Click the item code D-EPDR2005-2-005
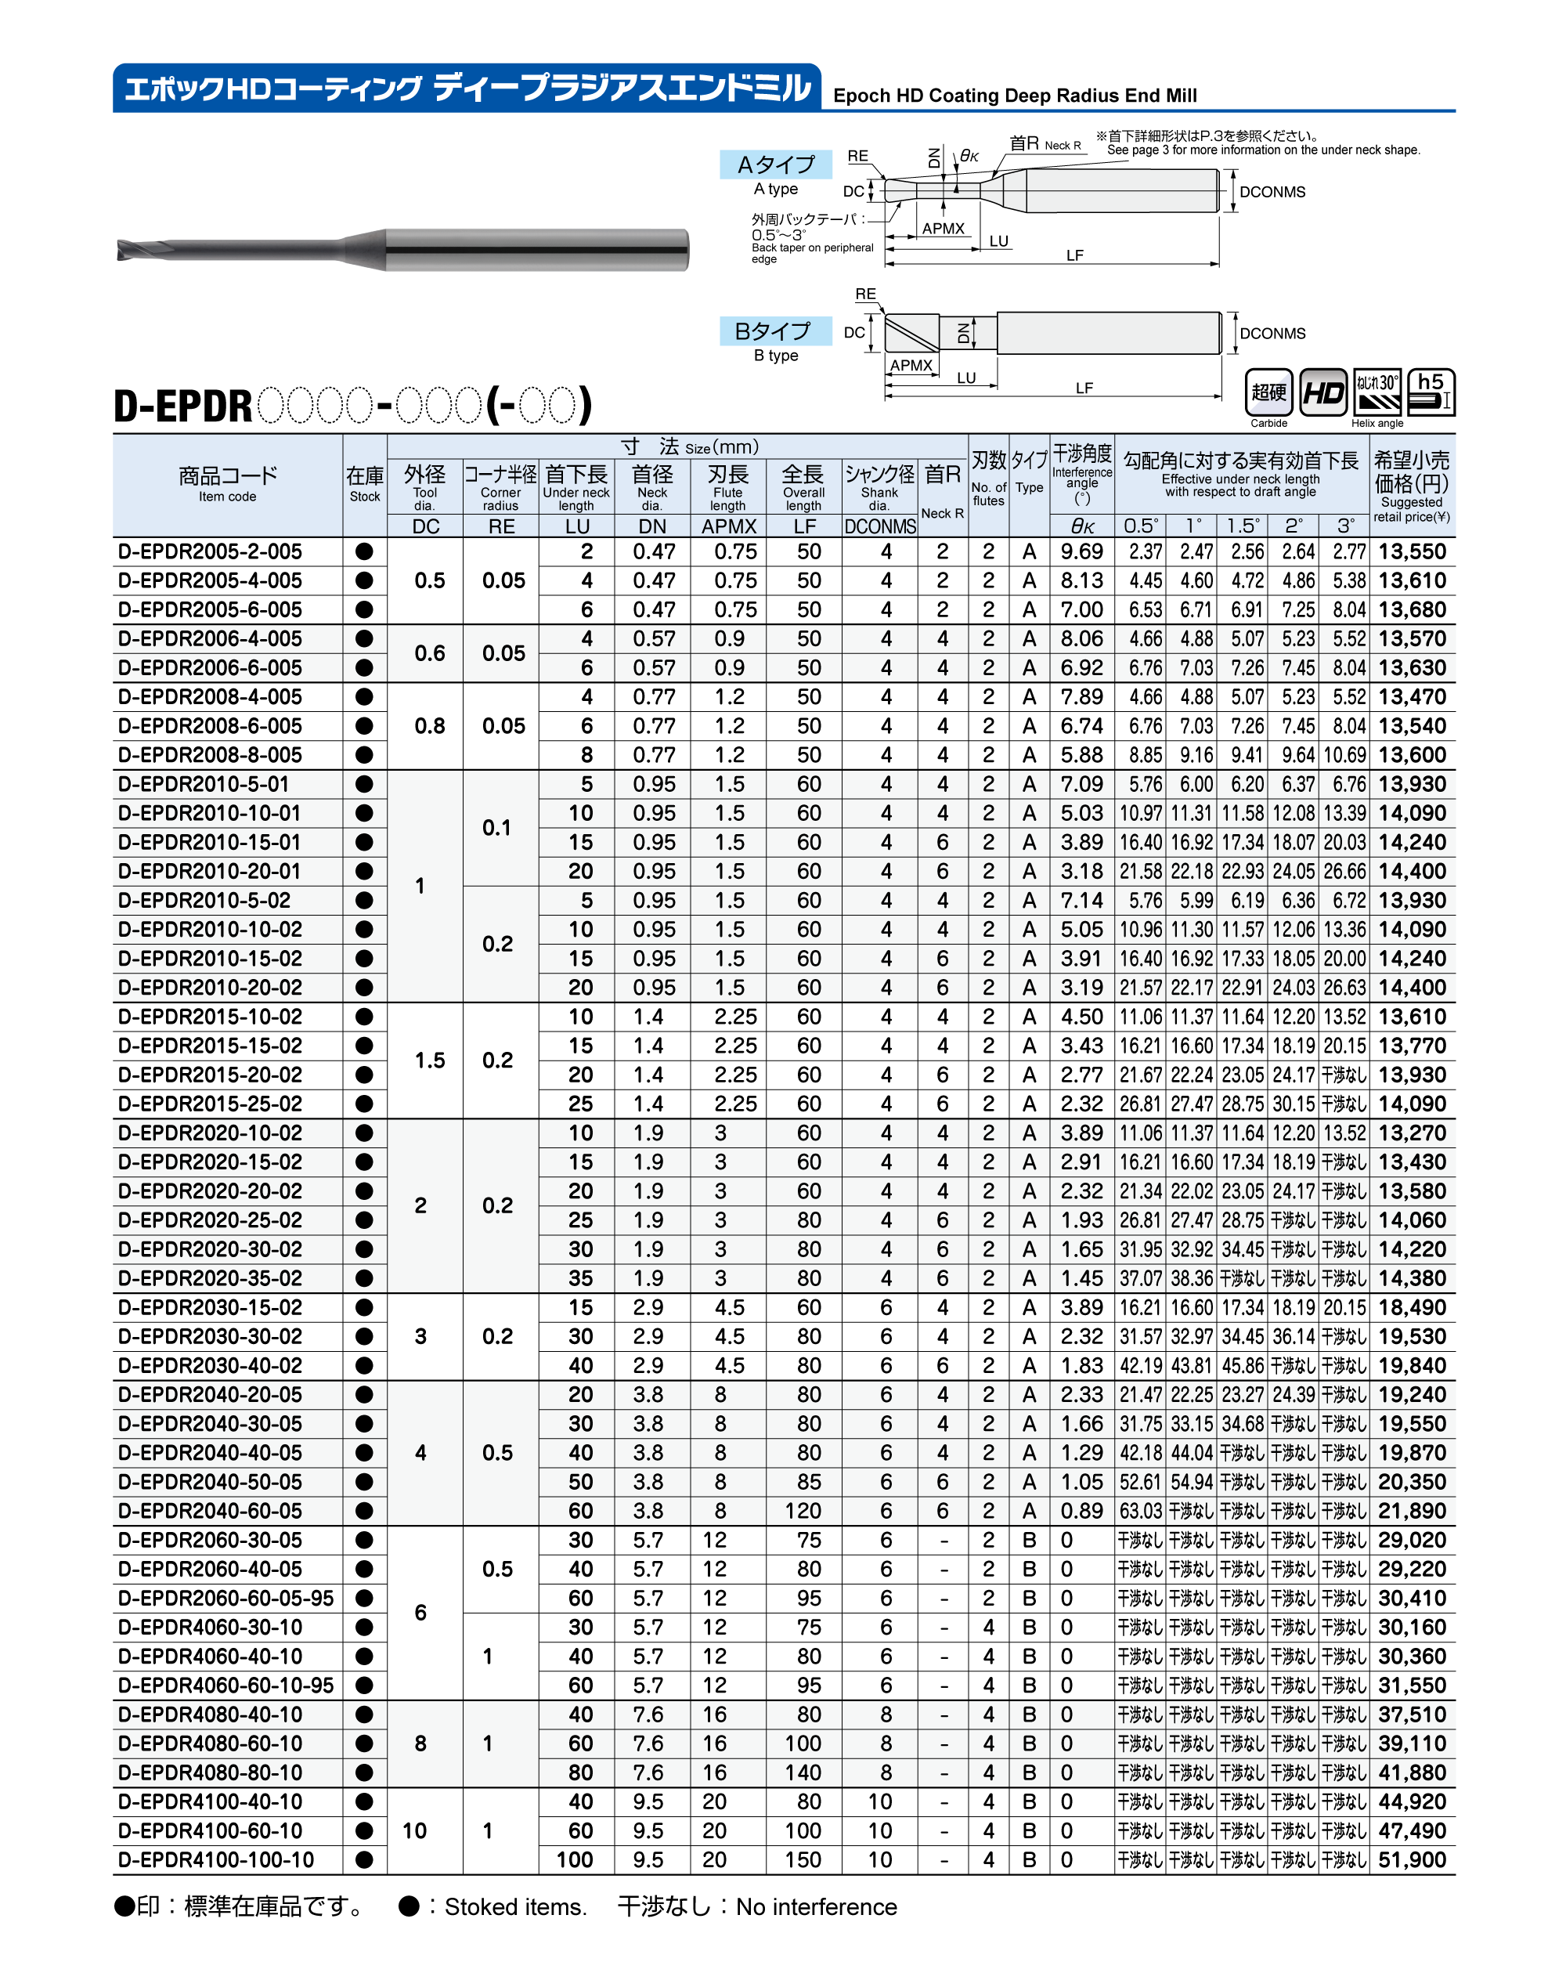[210, 551]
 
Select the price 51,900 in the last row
[1411, 1859]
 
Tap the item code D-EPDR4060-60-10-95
[226, 1685]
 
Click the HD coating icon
[1323, 392]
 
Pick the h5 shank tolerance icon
[1431, 392]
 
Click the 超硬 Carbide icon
[1268, 392]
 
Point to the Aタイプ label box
[775, 164]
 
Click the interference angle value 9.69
[1081, 551]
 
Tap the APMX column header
[729, 526]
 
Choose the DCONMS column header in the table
[879, 526]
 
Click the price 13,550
[1411, 551]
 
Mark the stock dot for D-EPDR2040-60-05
[364, 1511]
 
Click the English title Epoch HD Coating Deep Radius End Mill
[1015, 96]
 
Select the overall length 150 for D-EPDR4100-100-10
[803, 1859]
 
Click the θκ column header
[1082, 526]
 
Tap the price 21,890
[1411, 1511]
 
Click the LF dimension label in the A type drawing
[1074, 255]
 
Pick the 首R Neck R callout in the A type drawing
[1044, 144]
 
